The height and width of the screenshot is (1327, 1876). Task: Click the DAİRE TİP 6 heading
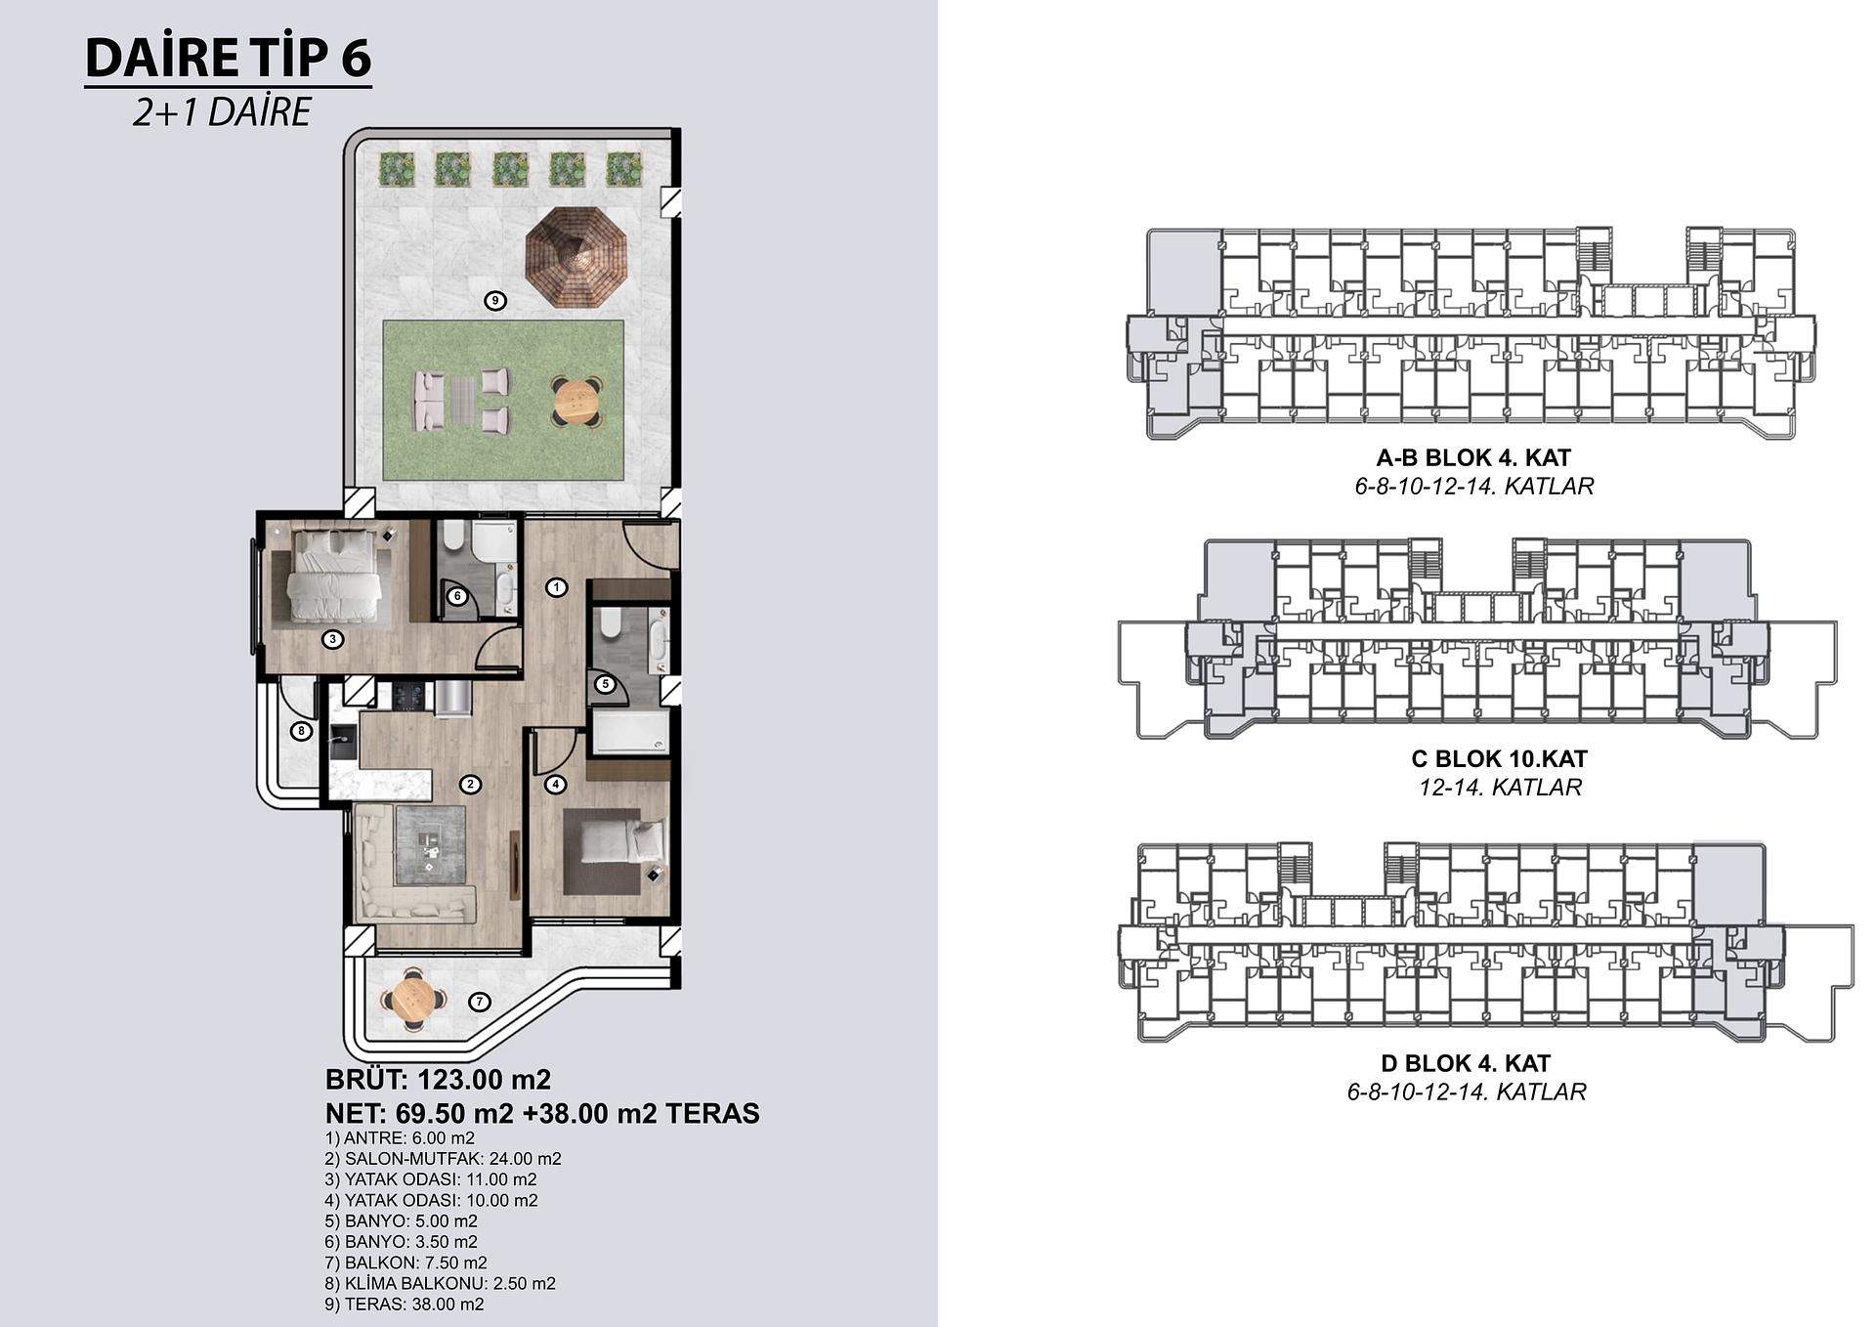tap(229, 58)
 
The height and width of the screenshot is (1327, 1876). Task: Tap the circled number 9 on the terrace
tap(495, 300)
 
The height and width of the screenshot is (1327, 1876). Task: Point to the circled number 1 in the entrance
tap(556, 587)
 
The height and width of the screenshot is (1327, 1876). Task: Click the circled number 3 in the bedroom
tap(333, 640)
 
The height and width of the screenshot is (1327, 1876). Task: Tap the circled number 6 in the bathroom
tap(456, 596)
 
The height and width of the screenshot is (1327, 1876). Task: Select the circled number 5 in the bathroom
tap(605, 684)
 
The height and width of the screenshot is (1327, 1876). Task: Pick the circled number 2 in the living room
tap(470, 784)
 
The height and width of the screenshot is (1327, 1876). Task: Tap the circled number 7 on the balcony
tap(478, 1002)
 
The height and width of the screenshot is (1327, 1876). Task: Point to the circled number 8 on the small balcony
tap(301, 730)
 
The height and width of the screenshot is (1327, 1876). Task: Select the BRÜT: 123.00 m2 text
tap(438, 1080)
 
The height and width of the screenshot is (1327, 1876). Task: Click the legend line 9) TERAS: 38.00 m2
tap(405, 1304)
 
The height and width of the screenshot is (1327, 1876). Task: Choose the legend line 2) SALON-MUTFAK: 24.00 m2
tap(444, 1159)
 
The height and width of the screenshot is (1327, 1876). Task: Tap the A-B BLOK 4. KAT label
tap(1473, 457)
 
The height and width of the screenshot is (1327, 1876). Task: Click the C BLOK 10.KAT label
tap(1499, 758)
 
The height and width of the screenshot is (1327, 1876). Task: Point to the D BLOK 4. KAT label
tap(1466, 1063)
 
